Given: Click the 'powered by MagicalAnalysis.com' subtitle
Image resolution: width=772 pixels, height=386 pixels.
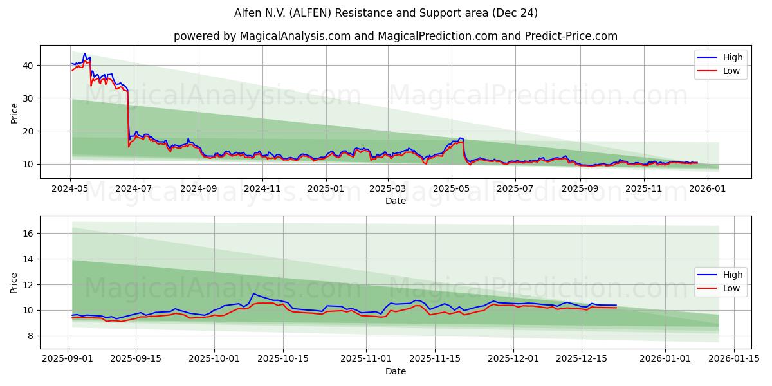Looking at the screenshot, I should click(395, 36).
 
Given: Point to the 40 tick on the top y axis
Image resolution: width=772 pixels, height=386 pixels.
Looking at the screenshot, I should click(29, 66).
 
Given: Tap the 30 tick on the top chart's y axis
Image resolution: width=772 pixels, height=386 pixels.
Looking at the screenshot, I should click(29, 98).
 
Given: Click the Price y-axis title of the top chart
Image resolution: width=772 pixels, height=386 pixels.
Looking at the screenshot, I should click(14, 112).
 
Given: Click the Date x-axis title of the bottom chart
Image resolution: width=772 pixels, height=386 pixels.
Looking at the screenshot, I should click(395, 371).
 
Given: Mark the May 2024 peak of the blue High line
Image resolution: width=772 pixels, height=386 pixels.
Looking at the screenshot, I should click(84, 54).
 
